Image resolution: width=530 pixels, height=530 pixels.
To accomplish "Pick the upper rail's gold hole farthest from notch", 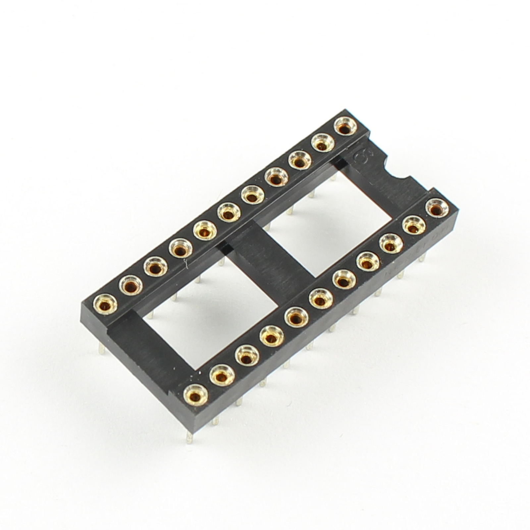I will pos(105,304).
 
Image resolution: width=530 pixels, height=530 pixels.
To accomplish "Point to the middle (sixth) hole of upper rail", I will pos(229,213).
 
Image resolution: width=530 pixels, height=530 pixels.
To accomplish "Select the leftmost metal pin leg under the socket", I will pos(101,349).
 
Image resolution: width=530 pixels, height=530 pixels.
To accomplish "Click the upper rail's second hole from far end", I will pos(131,286).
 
